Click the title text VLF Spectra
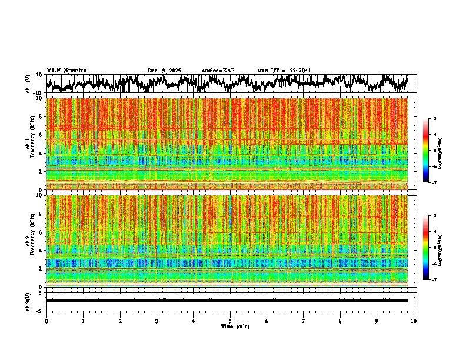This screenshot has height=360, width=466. click(x=66, y=70)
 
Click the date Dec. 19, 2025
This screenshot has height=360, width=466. click(x=164, y=71)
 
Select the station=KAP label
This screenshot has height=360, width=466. click(x=218, y=71)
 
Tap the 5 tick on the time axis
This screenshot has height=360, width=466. click(x=230, y=321)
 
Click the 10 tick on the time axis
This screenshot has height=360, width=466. click(x=414, y=321)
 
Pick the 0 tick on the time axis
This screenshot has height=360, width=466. click(x=46, y=321)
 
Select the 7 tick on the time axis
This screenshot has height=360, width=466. click(x=304, y=321)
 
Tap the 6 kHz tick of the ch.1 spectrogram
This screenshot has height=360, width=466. click(x=41, y=135)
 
